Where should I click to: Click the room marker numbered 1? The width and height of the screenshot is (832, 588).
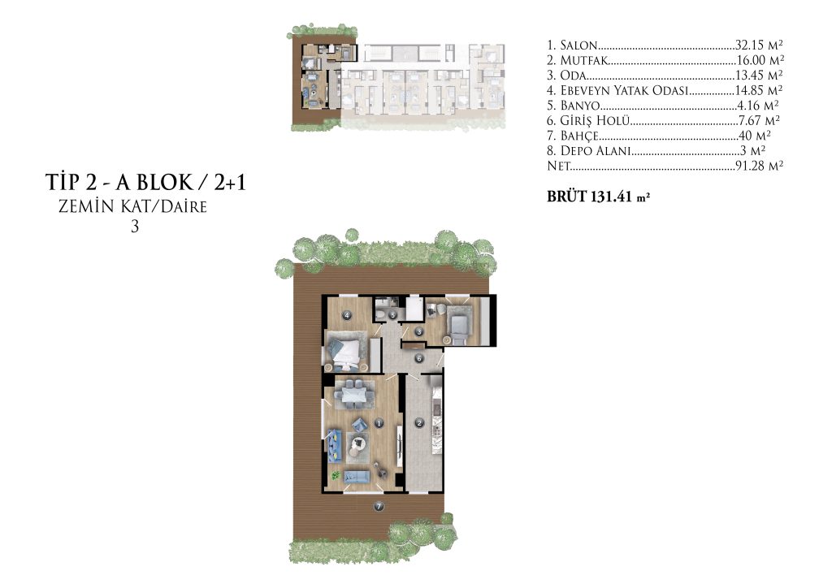click(x=379, y=423)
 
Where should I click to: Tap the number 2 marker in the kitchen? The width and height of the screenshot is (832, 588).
click(x=420, y=423)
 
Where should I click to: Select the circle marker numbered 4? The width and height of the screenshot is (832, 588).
click(x=347, y=315)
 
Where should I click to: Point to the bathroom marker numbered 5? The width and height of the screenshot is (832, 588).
click(x=392, y=315)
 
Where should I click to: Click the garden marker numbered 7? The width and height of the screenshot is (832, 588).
click(x=379, y=506)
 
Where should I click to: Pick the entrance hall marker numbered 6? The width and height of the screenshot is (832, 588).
click(x=418, y=359)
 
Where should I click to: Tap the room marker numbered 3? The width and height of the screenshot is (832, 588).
click(x=419, y=332)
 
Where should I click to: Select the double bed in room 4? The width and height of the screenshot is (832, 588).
click(x=344, y=352)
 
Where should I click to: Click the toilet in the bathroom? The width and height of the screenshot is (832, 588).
click(x=380, y=314)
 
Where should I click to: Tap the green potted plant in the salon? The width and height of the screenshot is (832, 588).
click(x=335, y=473)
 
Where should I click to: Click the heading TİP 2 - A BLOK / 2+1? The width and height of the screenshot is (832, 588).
click(x=146, y=183)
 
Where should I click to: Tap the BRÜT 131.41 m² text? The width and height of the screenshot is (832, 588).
click(x=599, y=197)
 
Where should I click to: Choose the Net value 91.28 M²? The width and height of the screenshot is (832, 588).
click(x=760, y=166)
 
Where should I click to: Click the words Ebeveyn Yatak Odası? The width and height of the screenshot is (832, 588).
click(x=624, y=90)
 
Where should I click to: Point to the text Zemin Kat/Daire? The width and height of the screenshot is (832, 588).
click(x=132, y=206)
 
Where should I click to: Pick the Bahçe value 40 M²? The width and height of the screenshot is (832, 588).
click(x=755, y=136)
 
